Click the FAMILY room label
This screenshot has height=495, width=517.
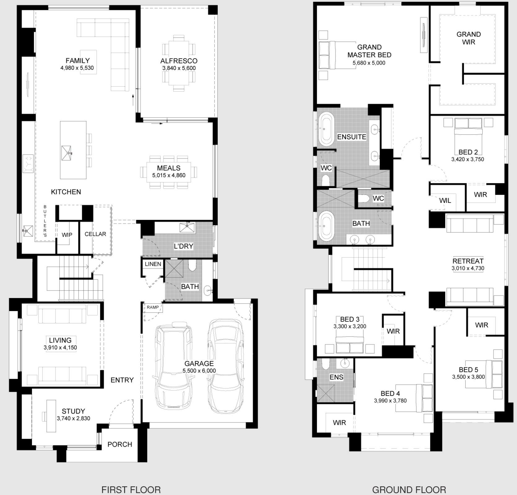click(x=77, y=61)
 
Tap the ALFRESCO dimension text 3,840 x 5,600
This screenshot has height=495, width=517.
click(x=179, y=68)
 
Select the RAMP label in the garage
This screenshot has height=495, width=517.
click(x=153, y=307)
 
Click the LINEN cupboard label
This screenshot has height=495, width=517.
click(x=153, y=264)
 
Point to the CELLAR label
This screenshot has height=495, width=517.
click(x=95, y=234)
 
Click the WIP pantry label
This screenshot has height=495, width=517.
click(x=67, y=235)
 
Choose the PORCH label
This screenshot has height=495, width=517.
click(x=120, y=445)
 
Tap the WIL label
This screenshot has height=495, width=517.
click(x=445, y=201)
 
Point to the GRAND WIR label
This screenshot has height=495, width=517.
click(x=469, y=38)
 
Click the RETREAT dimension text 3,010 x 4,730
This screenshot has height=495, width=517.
click(x=468, y=268)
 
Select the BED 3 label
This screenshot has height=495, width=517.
click(x=350, y=319)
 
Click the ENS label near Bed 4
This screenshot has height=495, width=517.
click(x=336, y=377)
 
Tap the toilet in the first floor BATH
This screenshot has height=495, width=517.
click(x=192, y=265)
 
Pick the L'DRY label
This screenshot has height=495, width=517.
click(x=183, y=246)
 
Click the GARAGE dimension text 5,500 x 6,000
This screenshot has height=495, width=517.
click(x=199, y=371)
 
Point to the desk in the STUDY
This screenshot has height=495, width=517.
click(x=51, y=416)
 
